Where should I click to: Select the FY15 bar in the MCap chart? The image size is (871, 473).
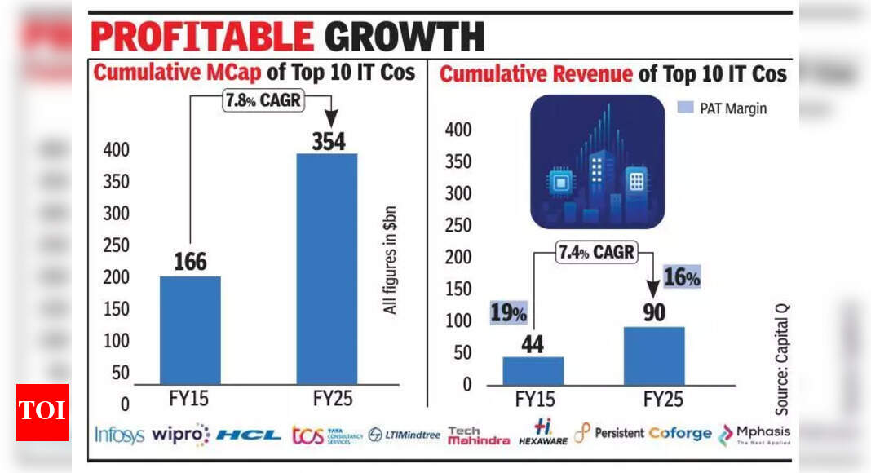[189, 329]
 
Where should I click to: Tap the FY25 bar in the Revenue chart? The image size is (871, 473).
[654, 356]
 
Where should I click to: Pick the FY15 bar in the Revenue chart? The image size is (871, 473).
[533, 370]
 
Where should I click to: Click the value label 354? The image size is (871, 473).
[328, 140]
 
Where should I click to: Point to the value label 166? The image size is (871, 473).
[190, 263]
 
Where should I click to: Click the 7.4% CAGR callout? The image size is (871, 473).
[595, 252]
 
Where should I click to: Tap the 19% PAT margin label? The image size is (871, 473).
[509, 313]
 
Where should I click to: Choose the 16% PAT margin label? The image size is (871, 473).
[681, 278]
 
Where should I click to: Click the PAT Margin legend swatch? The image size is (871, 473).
[685, 108]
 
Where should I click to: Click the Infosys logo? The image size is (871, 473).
[119, 434]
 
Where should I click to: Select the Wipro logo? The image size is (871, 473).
[180, 434]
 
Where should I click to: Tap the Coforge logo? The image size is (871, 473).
[680, 434]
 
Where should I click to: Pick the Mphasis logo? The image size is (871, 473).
[754, 434]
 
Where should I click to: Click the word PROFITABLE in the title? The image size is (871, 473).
[202, 38]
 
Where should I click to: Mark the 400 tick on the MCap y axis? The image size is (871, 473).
[115, 151]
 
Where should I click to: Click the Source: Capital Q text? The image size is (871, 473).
[783, 355]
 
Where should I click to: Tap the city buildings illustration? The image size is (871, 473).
[598, 161]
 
